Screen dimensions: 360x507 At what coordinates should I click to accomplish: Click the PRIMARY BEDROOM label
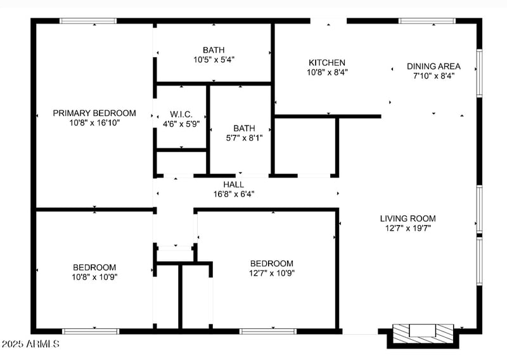point(94,113)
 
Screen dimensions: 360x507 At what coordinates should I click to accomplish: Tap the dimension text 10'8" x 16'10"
point(94,123)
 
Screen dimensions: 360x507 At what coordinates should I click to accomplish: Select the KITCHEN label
point(326,63)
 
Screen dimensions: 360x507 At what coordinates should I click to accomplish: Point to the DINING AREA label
point(433,66)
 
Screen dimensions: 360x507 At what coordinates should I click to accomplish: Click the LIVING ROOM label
point(408,219)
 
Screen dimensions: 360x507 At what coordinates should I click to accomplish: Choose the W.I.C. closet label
point(181,115)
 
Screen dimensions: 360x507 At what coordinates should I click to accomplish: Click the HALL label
point(233,185)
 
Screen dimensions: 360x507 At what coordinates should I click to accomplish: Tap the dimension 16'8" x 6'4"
point(233,195)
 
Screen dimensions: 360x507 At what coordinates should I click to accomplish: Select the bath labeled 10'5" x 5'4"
point(214,50)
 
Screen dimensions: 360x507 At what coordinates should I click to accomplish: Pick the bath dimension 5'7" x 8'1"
point(244,137)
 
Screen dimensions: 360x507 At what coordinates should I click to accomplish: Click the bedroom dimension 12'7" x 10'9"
point(271,273)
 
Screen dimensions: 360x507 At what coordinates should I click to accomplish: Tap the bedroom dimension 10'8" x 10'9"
point(94,276)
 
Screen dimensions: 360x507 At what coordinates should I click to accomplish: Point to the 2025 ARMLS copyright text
point(30,344)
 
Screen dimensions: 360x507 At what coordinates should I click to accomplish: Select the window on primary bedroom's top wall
point(88,21)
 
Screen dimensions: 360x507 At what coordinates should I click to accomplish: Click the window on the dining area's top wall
point(427,21)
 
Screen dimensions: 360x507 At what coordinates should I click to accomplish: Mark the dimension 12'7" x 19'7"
point(408,228)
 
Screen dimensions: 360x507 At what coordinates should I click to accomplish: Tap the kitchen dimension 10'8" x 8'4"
point(326,72)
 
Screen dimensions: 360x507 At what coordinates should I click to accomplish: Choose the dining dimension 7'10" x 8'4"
point(433,75)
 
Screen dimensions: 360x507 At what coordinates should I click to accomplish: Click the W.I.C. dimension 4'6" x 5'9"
point(181,124)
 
